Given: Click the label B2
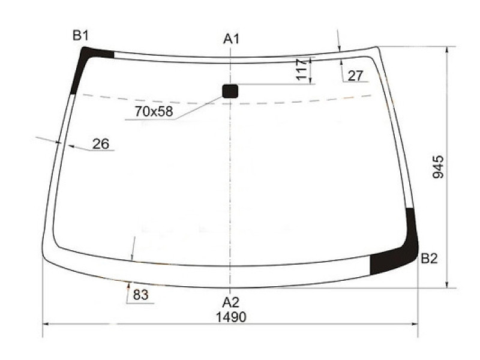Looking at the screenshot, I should coord(429,259).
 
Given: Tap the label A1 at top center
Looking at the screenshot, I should coord(232,39).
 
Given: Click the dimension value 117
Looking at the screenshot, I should coord(302,70).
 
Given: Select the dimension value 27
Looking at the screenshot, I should coord(355,76).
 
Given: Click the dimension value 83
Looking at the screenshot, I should coord(140,295).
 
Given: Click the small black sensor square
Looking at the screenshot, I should coord(230,91).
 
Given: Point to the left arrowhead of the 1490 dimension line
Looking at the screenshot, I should coord(46,326).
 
